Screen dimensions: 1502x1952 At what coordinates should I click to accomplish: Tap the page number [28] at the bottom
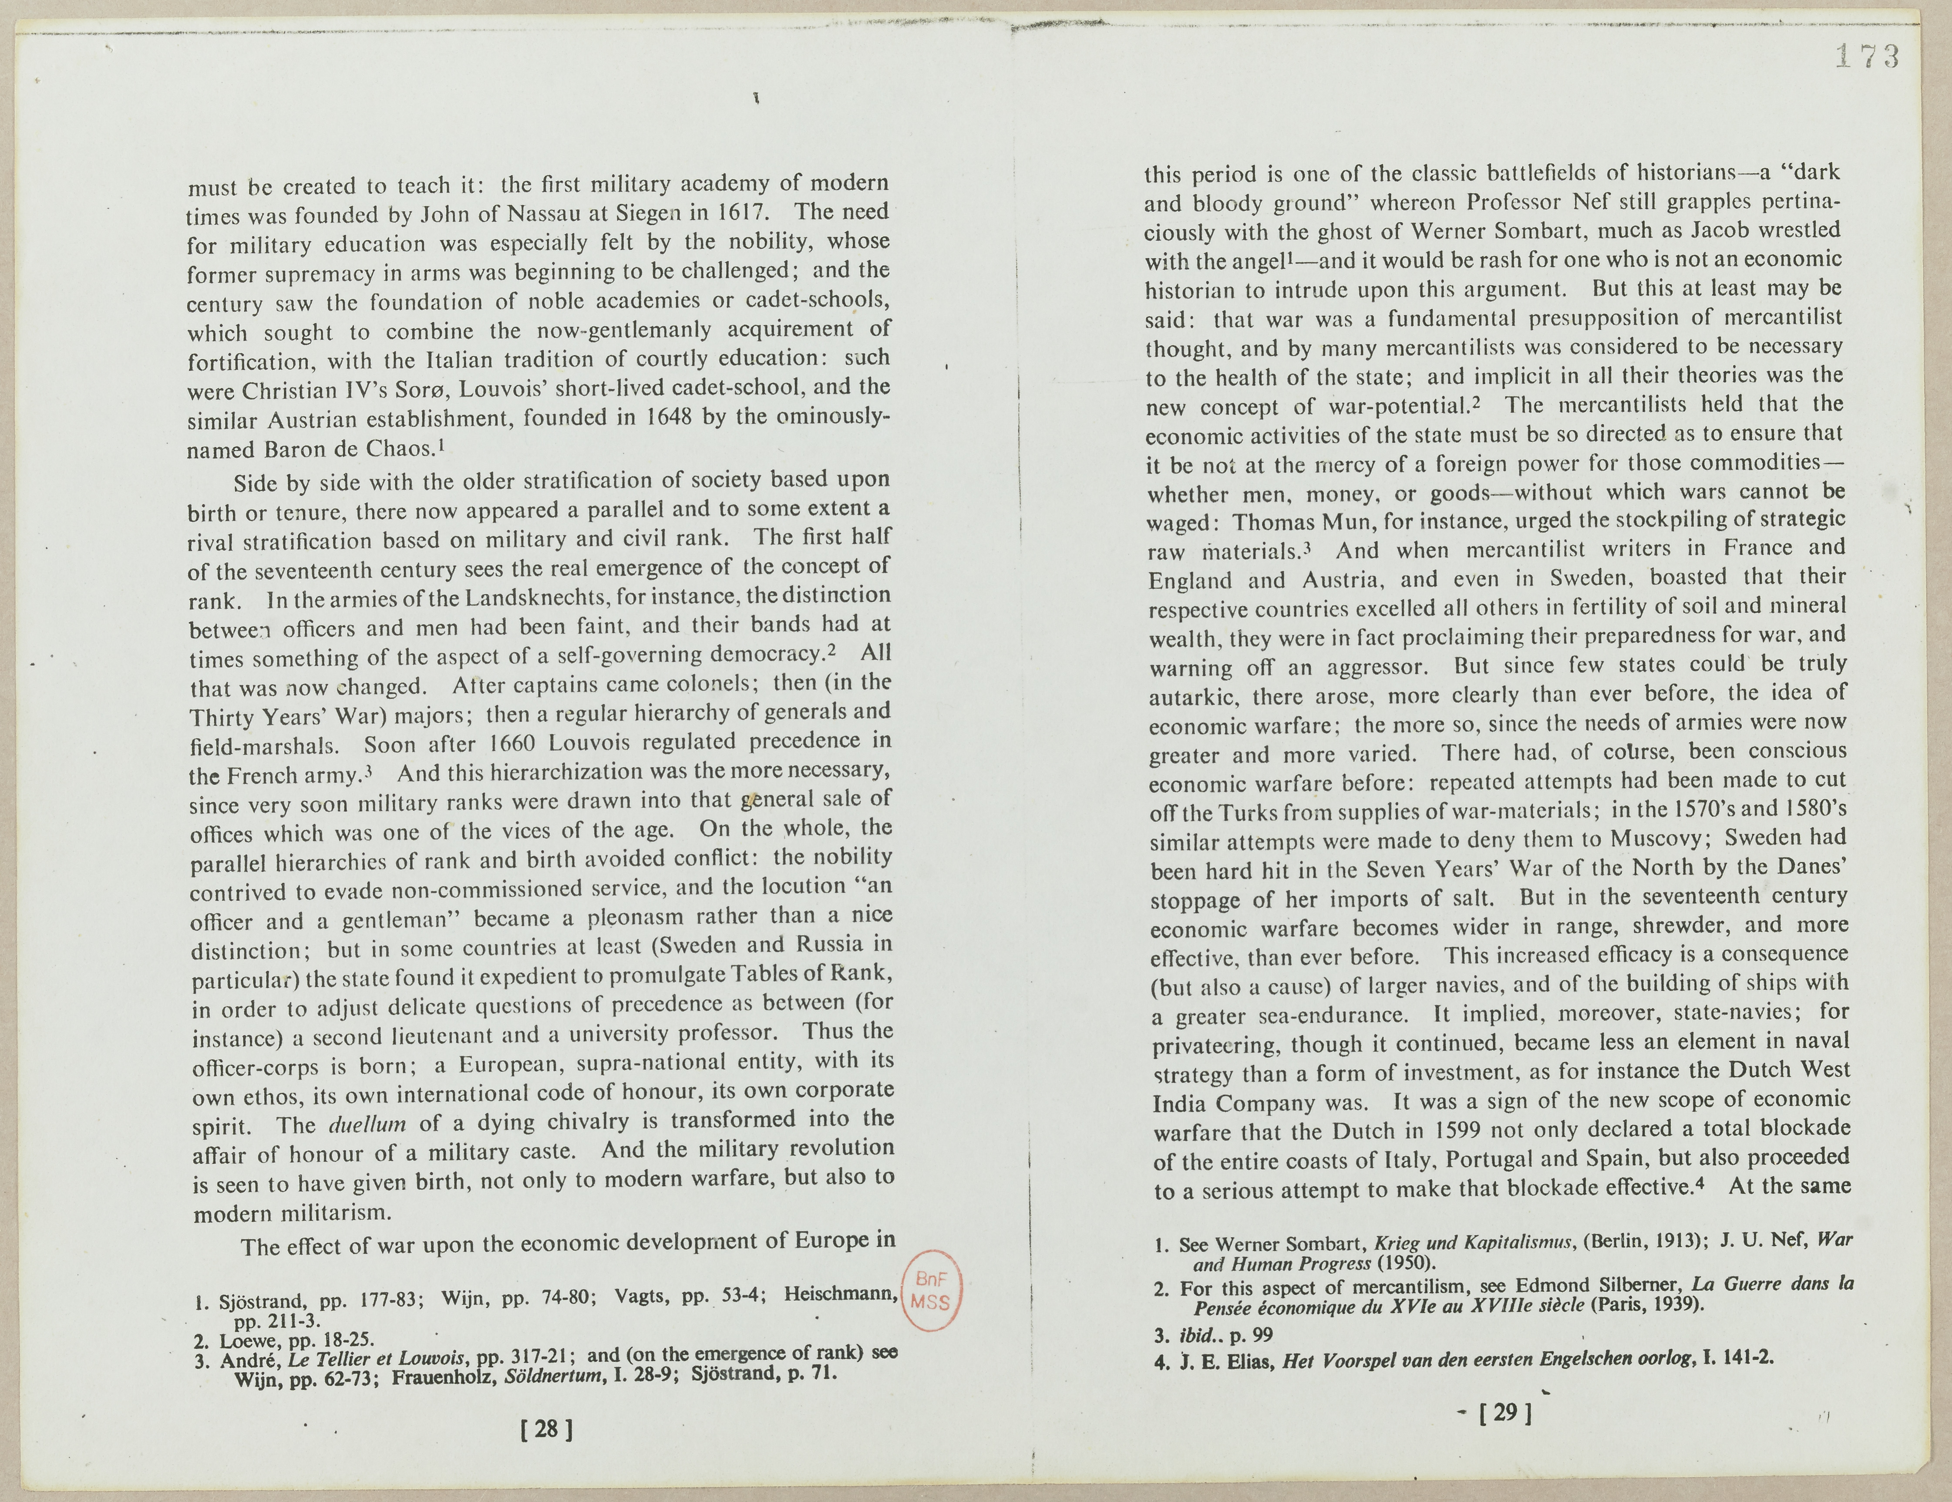coord(546,1429)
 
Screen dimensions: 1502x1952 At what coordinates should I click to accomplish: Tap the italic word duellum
coord(367,1123)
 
